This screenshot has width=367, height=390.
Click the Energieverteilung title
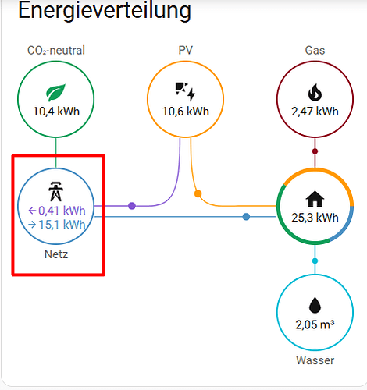click(105, 11)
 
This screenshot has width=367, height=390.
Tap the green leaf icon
click(56, 92)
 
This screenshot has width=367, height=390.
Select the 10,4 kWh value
click(56, 112)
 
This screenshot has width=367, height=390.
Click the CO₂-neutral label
click(56, 50)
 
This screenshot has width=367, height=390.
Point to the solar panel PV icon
click(185, 91)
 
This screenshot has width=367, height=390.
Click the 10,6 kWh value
click(186, 112)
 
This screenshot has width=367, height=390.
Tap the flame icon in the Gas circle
click(315, 92)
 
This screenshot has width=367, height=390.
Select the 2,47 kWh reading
click(315, 112)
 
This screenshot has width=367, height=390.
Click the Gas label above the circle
click(315, 50)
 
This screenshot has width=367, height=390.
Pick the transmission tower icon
click(55, 191)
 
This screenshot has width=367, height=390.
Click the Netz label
click(56, 254)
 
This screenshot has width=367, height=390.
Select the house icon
click(315, 199)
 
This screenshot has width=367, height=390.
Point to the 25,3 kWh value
click(315, 218)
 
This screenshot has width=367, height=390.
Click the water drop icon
click(315, 305)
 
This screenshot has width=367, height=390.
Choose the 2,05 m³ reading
click(315, 324)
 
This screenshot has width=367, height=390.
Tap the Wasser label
click(315, 360)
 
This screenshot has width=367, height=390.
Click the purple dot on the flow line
click(132, 206)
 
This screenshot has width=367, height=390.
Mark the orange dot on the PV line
click(198, 193)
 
